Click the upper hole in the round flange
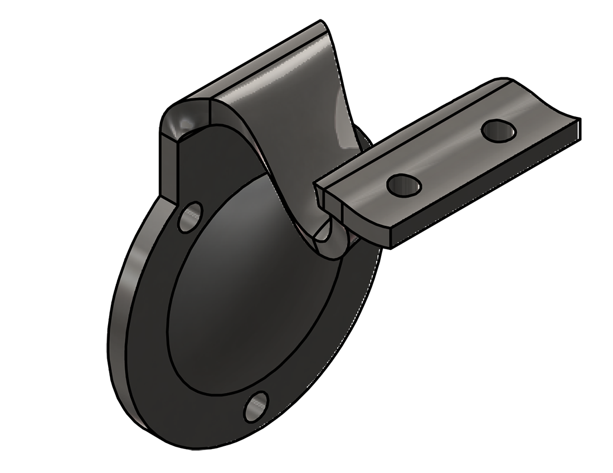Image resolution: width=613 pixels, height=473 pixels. point(191,216)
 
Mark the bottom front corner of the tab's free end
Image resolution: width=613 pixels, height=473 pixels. point(580,139)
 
